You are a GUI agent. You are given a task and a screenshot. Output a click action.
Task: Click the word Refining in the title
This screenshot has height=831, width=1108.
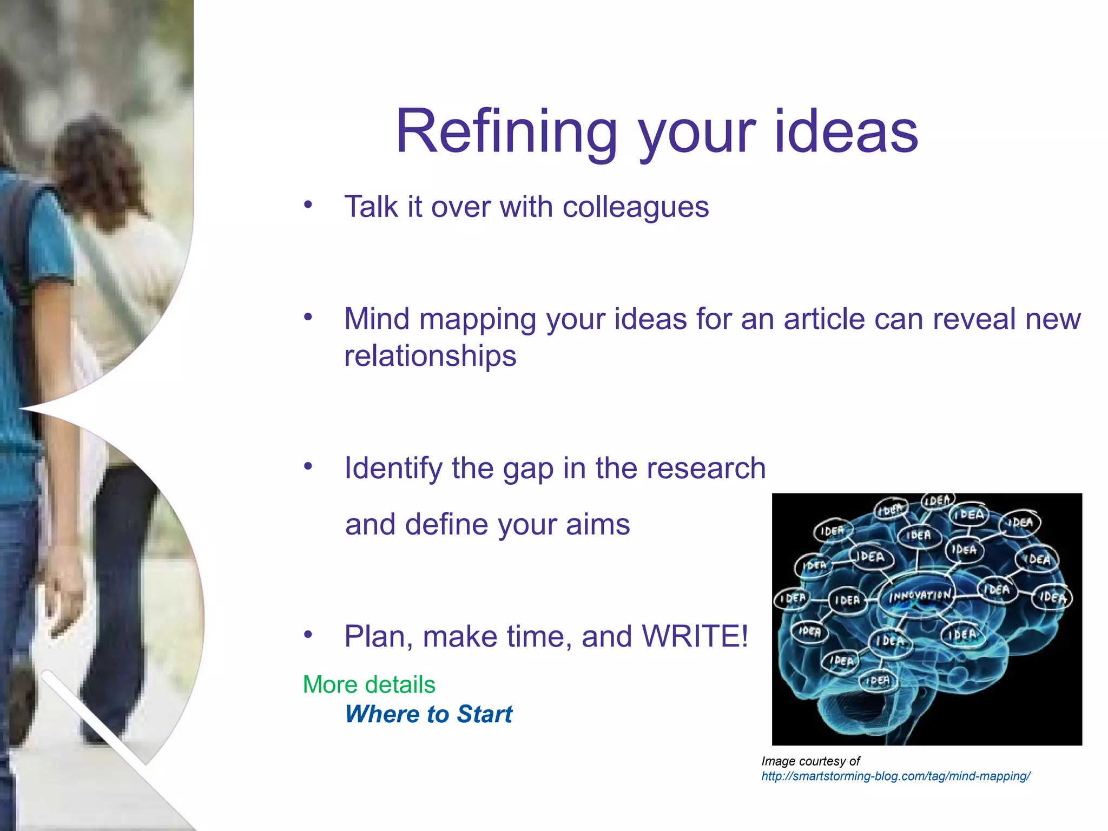click(x=506, y=131)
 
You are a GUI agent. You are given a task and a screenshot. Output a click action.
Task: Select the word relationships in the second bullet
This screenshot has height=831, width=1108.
click(x=430, y=356)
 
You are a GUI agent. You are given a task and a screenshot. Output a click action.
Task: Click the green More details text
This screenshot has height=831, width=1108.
click(x=369, y=685)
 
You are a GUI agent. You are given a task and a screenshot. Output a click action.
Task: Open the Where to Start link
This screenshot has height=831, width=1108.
click(x=428, y=714)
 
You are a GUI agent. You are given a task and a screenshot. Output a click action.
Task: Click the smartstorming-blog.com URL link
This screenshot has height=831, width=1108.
click(x=895, y=776)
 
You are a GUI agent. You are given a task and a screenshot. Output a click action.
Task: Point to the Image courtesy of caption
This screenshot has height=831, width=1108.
click(x=810, y=761)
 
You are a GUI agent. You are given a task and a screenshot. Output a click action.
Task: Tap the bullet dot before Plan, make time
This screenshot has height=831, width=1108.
click(x=308, y=635)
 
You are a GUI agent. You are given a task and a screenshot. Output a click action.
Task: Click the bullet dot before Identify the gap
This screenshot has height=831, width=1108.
click(x=308, y=466)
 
